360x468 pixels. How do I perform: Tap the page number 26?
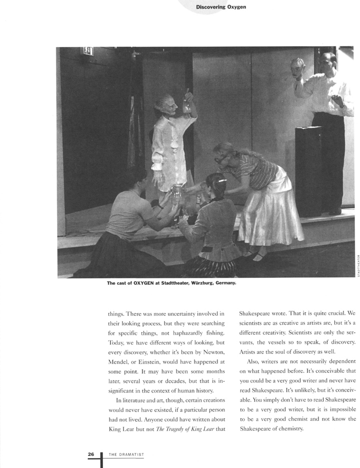point(91,454)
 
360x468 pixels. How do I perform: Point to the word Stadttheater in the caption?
point(160,282)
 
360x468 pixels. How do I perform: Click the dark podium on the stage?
point(308,170)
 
